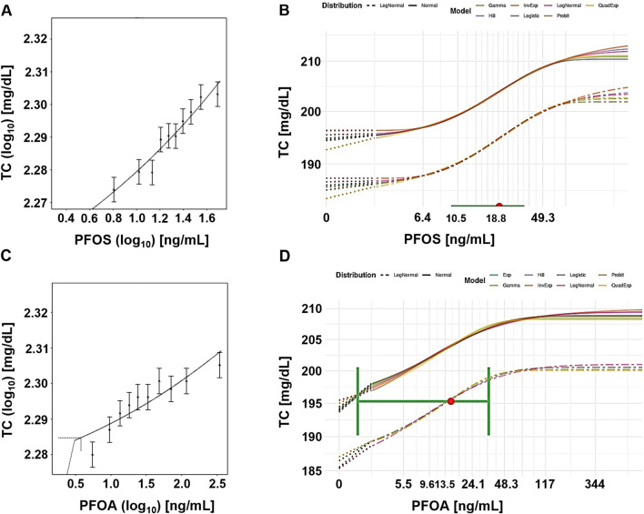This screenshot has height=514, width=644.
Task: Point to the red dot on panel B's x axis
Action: click(498, 207)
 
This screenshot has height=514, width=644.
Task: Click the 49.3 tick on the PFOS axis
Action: click(546, 219)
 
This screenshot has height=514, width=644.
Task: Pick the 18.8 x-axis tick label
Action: click(497, 219)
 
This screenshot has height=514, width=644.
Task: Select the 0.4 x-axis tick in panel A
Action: click(65, 218)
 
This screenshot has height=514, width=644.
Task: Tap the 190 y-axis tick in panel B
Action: click(304, 162)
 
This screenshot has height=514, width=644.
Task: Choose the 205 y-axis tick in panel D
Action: click(315, 340)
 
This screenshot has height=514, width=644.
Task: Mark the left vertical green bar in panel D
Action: click(357, 400)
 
